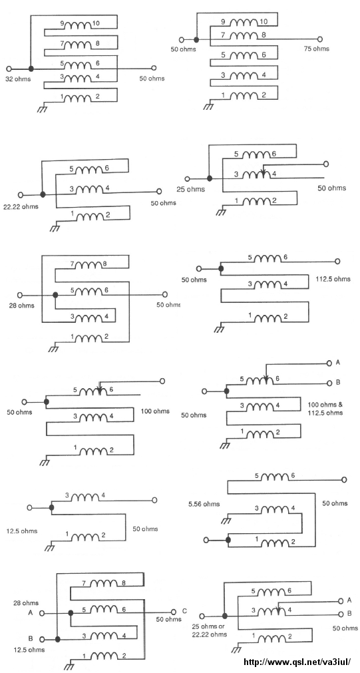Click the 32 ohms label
[17, 79]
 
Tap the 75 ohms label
[317, 49]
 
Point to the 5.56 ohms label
[204, 503]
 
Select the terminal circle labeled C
[174, 612]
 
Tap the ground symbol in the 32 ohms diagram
[42, 109]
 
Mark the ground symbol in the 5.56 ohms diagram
[226, 520]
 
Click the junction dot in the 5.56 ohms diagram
[228, 539]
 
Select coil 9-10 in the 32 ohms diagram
[78, 25]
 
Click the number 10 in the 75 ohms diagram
[264, 21]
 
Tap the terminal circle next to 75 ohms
[319, 39]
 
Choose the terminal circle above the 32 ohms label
[9, 69]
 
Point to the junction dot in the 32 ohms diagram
[31, 69]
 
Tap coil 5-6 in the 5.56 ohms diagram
[274, 477]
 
